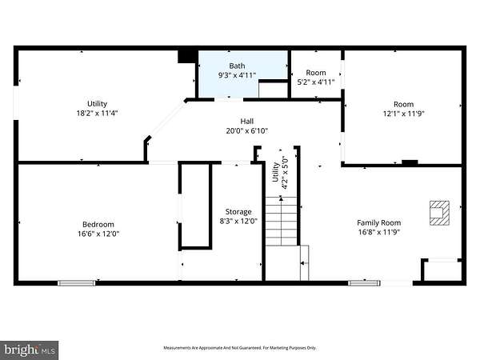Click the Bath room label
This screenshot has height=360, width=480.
(x=237, y=66)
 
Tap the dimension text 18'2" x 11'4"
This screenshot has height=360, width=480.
(x=97, y=114)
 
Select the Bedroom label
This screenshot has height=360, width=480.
(x=98, y=224)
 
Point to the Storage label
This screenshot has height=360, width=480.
(x=238, y=211)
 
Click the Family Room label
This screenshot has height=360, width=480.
(x=379, y=223)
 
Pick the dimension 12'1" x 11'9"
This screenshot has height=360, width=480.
(x=403, y=114)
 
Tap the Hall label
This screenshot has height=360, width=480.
(x=246, y=122)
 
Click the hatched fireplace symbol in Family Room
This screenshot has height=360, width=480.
(x=439, y=213)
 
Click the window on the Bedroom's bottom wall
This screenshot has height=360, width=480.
(x=77, y=283)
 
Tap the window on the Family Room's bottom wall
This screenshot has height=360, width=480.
(x=364, y=283)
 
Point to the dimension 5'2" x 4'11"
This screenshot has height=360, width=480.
(x=316, y=82)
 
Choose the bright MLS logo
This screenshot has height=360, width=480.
(x=29, y=350)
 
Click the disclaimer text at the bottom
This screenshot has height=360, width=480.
(x=240, y=348)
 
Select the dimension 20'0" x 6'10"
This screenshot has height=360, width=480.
(x=246, y=131)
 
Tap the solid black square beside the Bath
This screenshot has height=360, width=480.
(x=186, y=57)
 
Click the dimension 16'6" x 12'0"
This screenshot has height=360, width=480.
(x=98, y=234)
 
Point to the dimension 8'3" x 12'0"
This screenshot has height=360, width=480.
(x=238, y=221)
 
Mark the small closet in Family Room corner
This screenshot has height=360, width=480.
(x=442, y=270)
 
